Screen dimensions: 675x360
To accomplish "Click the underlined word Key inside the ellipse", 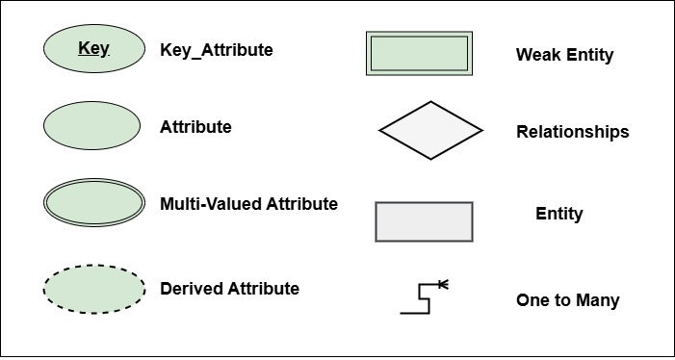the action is click(93, 47).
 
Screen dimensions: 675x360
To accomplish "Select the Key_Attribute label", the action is click(216, 49).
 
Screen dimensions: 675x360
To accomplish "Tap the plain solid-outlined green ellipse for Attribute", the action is click(92, 126).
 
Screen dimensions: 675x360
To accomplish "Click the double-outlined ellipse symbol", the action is click(92, 204).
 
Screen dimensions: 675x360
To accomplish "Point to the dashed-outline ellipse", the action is click(92, 288).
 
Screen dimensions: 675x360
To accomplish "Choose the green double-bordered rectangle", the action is click(420, 53).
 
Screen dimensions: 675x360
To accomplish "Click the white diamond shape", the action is click(430, 130).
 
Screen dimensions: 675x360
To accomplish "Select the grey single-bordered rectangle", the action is click(424, 221).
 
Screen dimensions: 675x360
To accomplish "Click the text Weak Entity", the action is click(564, 55).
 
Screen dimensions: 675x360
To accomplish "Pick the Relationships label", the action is click(572, 132).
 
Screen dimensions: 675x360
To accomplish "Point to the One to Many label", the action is click(567, 300).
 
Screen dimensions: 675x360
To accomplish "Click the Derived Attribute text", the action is click(229, 289).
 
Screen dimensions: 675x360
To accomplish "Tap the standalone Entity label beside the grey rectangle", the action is click(559, 214).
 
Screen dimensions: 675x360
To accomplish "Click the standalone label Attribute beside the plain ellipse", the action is click(195, 126).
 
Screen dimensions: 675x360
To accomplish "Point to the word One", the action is click(532, 300).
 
